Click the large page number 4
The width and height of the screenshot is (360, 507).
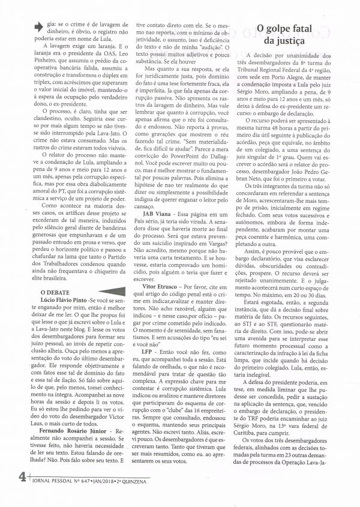pyautogui.click(x=20, y=493)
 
